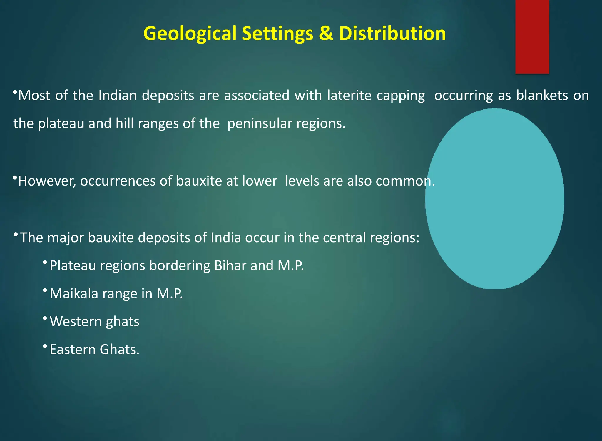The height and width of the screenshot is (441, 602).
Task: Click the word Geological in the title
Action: (x=190, y=33)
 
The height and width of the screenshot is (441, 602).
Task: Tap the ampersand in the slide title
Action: (x=326, y=33)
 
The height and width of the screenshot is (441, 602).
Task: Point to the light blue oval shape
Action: (x=494, y=199)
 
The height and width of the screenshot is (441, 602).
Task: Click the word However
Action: (x=47, y=181)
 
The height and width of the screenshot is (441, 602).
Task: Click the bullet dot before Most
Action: (x=15, y=92)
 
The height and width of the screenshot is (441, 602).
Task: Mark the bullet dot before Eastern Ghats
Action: (x=45, y=347)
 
